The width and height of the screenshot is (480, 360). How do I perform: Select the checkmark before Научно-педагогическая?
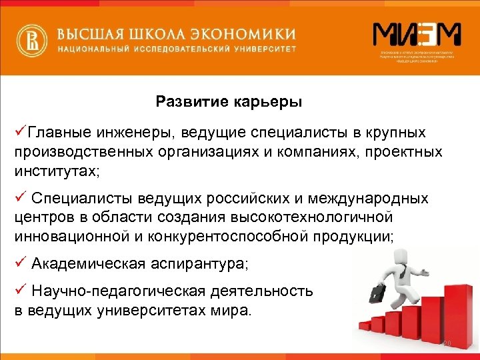(x=19, y=291)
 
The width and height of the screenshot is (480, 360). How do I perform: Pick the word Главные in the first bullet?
(x=56, y=133)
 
